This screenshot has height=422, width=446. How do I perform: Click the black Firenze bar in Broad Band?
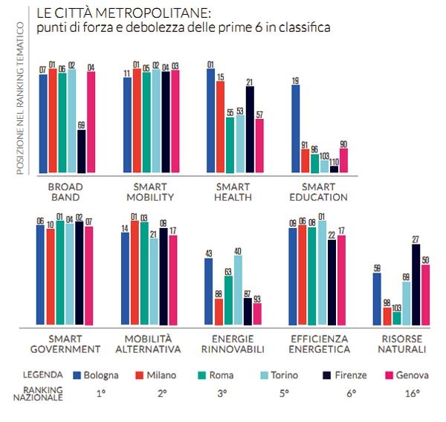click(82, 152)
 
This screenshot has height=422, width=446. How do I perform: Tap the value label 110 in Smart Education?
click(334, 160)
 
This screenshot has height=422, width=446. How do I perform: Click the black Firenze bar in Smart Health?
click(250, 129)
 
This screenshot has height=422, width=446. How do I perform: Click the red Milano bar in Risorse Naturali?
click(387, 315)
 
